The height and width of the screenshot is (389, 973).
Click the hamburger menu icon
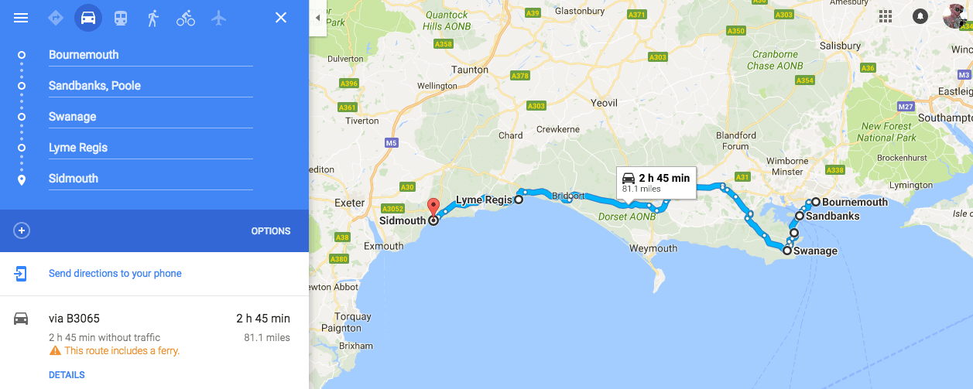[x=21, y=18]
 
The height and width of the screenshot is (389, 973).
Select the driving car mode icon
[x=88, y=18]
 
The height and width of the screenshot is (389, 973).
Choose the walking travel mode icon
[x=153, y=18]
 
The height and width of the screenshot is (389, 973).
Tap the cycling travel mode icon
[x=186, y=18]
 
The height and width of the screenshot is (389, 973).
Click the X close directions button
[x=281, y=18]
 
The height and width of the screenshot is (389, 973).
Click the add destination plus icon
[x=22, y=230]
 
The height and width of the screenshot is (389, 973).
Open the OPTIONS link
[x=271, y=231]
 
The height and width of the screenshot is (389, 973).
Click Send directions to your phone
[x=115, y=273]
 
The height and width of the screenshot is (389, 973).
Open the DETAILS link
[x=67, y=375]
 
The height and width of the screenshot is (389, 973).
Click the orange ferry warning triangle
[x=55, y=351]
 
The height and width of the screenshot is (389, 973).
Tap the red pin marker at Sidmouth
[x=433, y=207]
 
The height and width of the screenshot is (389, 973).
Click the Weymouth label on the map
[x=653, y=248]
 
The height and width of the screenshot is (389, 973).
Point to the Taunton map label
[x=470, y=70]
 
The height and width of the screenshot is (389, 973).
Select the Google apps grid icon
[x=886, y=16]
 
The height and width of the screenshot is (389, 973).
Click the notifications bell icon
[x=920, y=16]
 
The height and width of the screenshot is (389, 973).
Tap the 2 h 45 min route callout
[x=656, y=182]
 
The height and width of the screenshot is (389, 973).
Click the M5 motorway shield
[x=391, y=142]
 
